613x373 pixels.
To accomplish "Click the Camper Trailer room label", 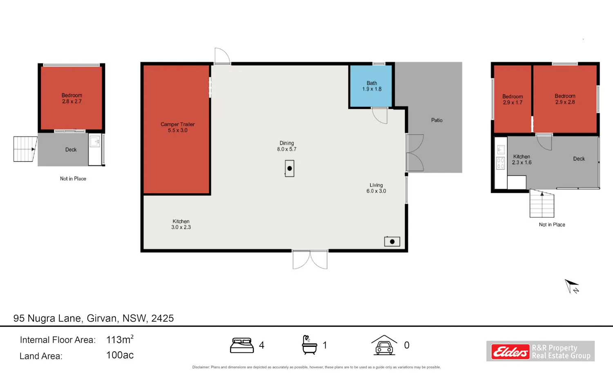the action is [x=178, y=127].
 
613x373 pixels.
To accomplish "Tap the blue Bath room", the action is [x=371, y=86].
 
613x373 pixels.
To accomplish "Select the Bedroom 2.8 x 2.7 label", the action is [x=72, y=98].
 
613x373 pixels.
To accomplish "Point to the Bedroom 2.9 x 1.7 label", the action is [x=512, y=99].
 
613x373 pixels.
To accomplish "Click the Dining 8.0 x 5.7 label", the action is [x=286, y=146].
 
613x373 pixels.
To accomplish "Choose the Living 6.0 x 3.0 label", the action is [x=376, y=188].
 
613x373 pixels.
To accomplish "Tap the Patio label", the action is [x=437, y=120].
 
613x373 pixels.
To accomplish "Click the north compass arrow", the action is [x=572, y=286].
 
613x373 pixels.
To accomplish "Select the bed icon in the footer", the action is [x=242, y=345].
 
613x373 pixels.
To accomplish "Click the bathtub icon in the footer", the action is [x=309, y=345].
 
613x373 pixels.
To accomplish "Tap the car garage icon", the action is [x=384, y=345].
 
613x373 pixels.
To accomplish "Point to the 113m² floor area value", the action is [x=120, y=339].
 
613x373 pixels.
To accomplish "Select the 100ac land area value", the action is [x=120, y=355].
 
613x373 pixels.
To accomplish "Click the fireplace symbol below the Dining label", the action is [x=289, y=168].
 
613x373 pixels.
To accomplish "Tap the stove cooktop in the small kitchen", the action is [x=501, y=163].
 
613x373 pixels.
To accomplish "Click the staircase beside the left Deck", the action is [x=25, y=149].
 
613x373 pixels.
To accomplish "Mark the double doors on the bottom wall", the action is [x=310, y=260].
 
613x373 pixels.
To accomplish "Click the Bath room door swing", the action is [x=380, y=115].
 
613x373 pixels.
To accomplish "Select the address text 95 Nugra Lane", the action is [x=47, y=318].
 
